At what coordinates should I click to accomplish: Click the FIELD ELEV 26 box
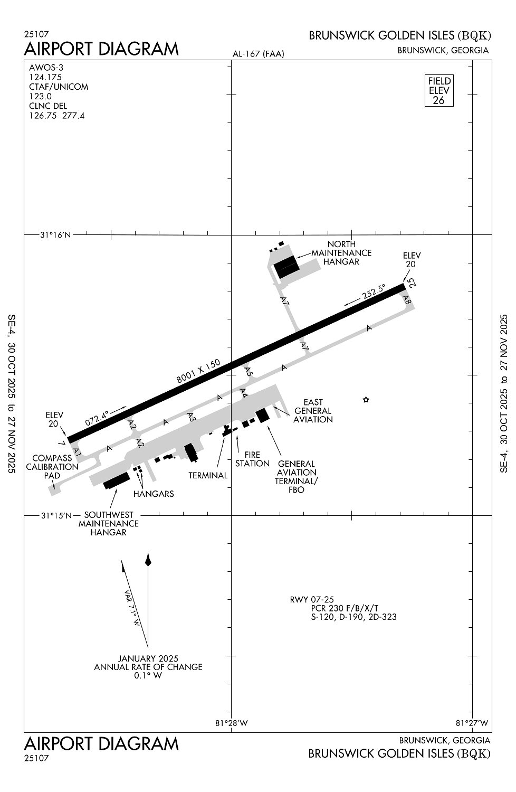[439, 90]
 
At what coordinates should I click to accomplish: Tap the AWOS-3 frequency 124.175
[45, 77]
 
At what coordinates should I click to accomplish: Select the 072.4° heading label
[97, 418]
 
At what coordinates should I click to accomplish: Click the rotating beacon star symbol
[366, 400]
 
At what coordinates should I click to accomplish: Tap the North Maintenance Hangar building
[286, 266]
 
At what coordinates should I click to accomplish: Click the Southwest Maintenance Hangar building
[117, 480]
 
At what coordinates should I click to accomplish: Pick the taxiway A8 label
[406, 300]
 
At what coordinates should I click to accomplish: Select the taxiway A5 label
[249, 371]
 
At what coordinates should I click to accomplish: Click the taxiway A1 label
[77, 452]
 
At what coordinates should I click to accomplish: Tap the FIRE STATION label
[252, 459]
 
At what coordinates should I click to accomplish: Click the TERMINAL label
[208, 475]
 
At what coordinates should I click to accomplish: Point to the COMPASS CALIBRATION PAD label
[52, 467]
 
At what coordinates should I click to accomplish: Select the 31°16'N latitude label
[55, 235]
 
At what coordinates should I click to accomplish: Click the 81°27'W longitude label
[472, 723]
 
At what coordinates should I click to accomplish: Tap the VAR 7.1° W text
[131, 608]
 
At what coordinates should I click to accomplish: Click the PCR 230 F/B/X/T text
[345, 608]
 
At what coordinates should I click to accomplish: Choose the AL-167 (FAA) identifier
[258, 54]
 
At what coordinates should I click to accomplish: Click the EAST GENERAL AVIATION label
[313, 411]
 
